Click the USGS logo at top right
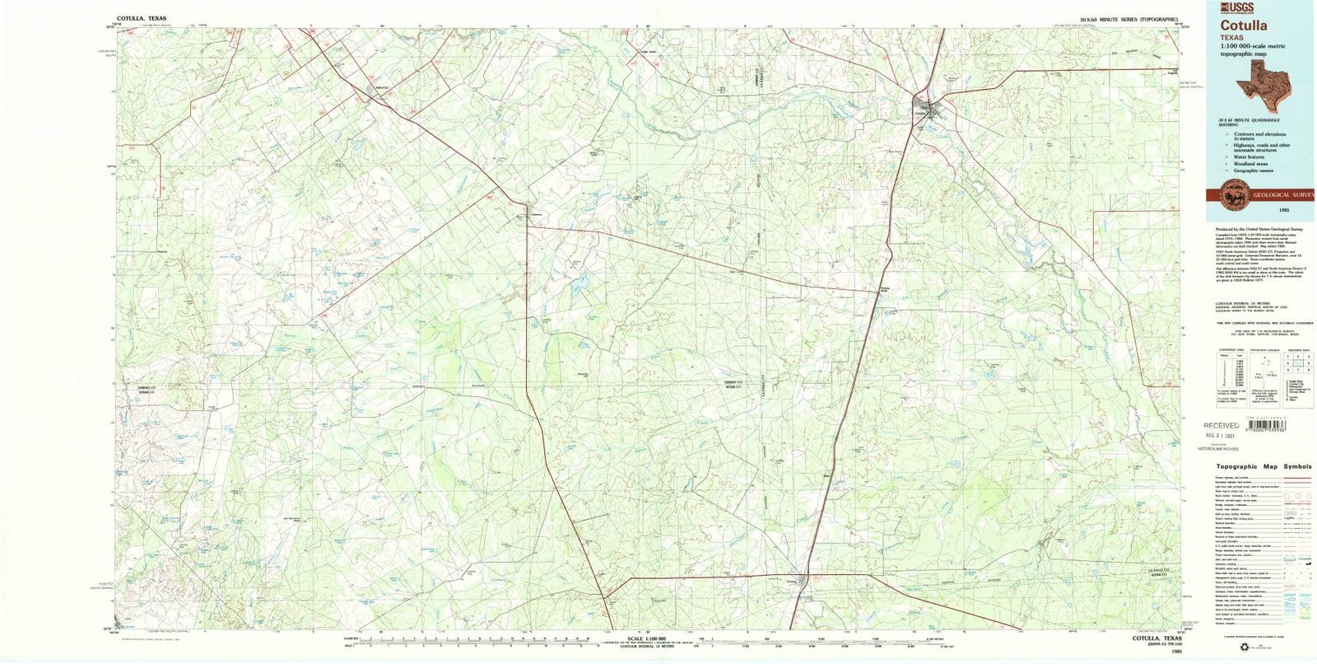click(1224, 8)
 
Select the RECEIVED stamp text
click(1221, 426)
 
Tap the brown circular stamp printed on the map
click(639, 201)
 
